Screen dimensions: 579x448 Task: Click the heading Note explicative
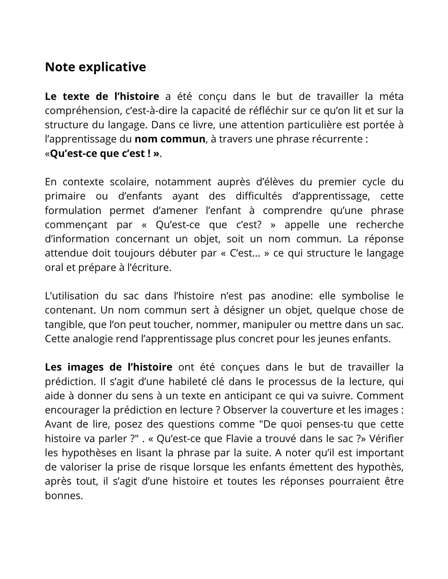(95, 67)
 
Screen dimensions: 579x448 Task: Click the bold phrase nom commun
(170, 139)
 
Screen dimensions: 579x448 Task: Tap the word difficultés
(259, 196)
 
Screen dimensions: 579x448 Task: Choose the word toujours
(134, 253)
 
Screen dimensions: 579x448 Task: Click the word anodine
(291, 296)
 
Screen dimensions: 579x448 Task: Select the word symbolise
(366, 296)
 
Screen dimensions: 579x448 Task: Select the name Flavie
(239, 439)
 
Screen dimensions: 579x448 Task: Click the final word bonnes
(64, 496)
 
